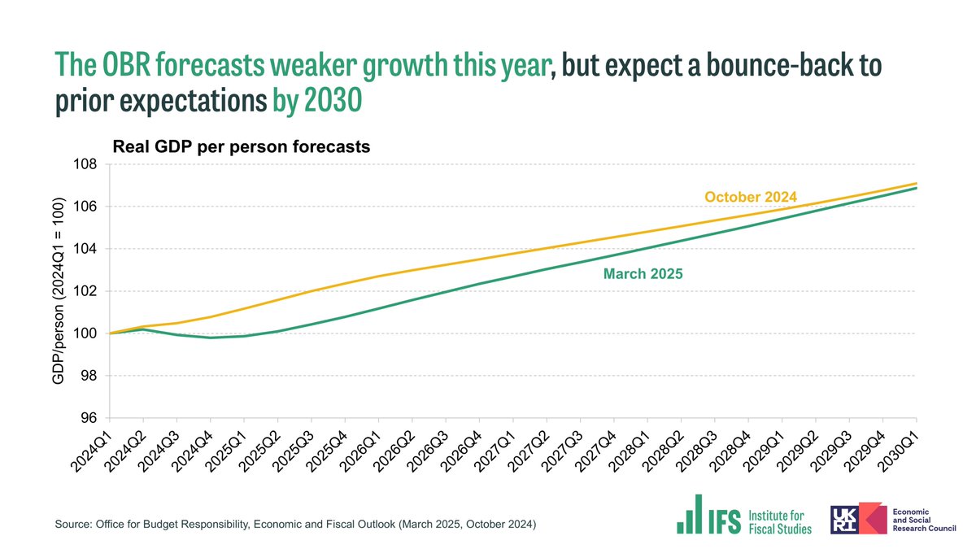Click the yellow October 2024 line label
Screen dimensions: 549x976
click(x=750, y=197)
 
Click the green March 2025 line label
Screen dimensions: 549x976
click(x=643, y=274)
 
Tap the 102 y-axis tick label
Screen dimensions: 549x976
click(x=87, y=291)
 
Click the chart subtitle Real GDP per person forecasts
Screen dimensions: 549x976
click(x=241, y=147)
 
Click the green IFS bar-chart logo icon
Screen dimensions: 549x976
click(x=690, y=515)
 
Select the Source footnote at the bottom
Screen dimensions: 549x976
click(x=295, y=525)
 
